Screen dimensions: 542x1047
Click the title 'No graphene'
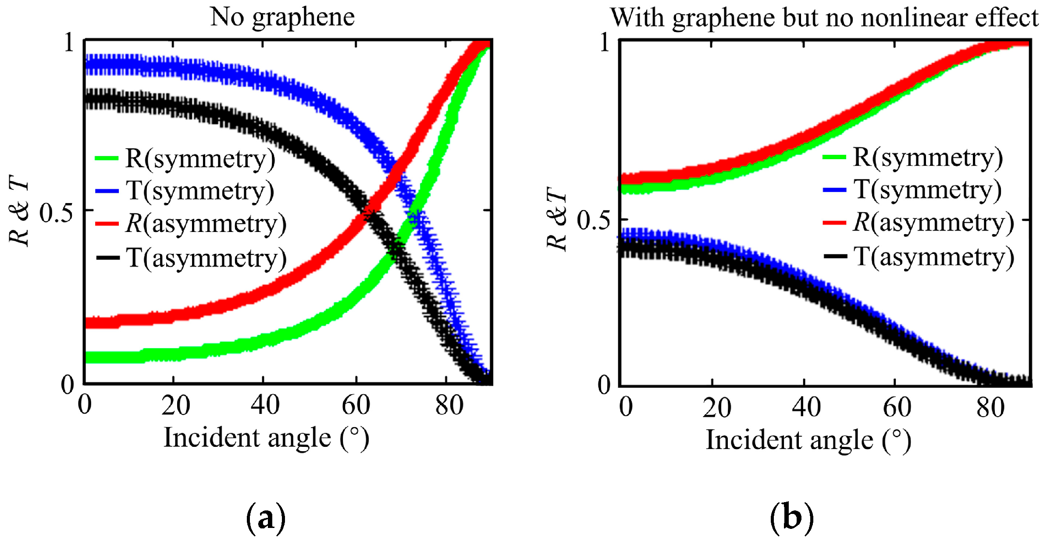pos(282,18)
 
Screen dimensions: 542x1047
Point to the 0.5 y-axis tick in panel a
pos(56,213)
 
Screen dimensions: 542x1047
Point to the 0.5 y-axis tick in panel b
pos(593,220)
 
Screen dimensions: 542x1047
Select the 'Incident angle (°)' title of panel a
pos(266,438)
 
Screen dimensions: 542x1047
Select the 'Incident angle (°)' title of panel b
pos(808,440)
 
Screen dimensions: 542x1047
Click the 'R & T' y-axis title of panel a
pos(19,210)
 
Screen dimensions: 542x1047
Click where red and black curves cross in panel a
pos(367,214)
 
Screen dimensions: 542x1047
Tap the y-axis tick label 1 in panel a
pos(69,43)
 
